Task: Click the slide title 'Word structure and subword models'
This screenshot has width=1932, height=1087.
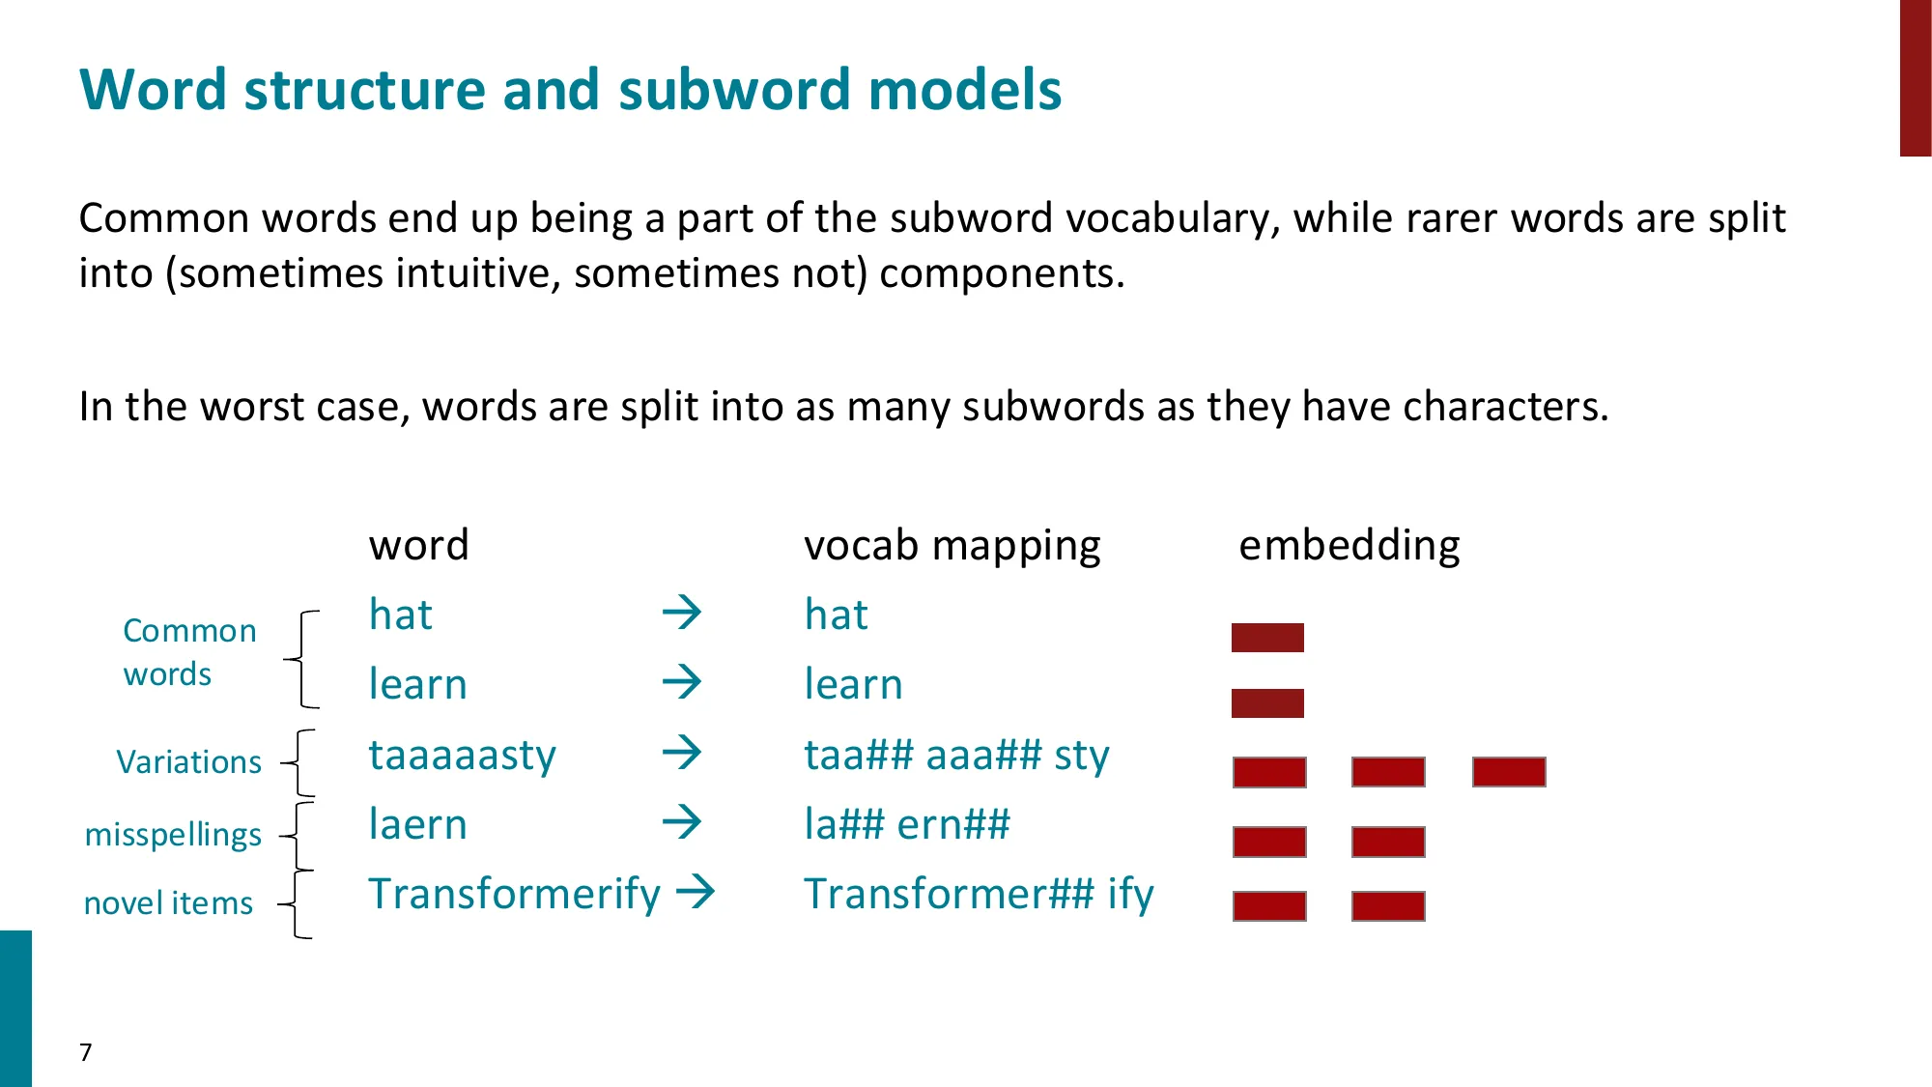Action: (x=570, y=90)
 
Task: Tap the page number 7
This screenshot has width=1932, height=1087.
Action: (x=86, y=1052)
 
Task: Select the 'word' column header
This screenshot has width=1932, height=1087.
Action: (x=419, y=546)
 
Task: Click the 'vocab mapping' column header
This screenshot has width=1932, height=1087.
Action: (x=952, y=546)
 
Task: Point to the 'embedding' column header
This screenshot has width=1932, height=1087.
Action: (x=1349, y=546)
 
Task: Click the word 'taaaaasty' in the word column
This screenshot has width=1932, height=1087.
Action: (x=462, y=756)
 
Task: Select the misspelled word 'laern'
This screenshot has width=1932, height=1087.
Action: (x=417, y=825)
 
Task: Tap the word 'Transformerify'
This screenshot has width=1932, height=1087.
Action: (x=514, y=895)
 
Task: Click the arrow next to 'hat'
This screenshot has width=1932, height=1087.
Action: (x=682, y=613)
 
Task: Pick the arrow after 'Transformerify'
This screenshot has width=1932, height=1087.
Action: (x=696, y=892)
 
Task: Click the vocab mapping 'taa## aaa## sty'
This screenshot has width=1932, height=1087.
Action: (x=956, y=756)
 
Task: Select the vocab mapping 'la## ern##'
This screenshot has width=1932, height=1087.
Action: (x=906, y=825)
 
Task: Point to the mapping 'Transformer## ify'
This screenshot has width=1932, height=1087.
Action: (x=979, y=895)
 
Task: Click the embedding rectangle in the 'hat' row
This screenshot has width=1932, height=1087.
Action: (x=1267, y=638)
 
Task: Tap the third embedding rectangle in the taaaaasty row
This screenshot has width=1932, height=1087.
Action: (x=1509, y=772)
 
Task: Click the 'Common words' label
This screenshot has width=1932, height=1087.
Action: (x=188, y=652)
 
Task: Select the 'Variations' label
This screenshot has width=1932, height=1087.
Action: (x=188, y=762)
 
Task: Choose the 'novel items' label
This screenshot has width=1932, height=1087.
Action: (x=168, y=903)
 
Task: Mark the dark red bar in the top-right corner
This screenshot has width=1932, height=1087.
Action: (x=1915, y=77)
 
